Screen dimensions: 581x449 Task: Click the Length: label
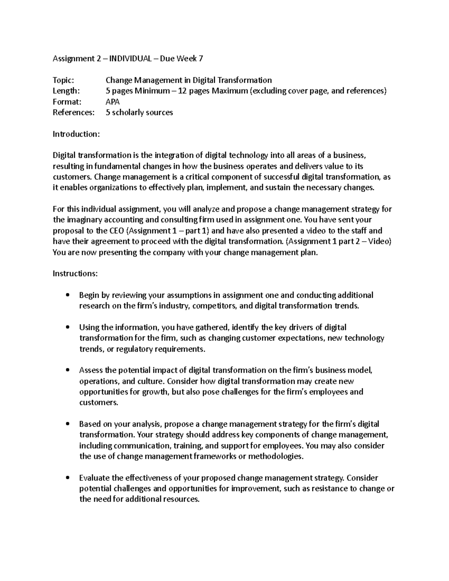[x=66, y=91]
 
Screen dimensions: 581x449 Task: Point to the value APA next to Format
[x=113, y=102]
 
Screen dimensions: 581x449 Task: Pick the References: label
[x=74, y=112]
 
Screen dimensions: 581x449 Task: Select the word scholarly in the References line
[x=127, y=112]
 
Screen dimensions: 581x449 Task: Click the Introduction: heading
[x=76, y=134]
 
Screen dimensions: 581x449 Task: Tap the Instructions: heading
[x=75, y=274]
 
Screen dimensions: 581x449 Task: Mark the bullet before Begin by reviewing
[x=67, y=295]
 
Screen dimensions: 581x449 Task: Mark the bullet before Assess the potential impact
[x=67, y=370]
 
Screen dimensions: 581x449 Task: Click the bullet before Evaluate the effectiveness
[x=67, y=478]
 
